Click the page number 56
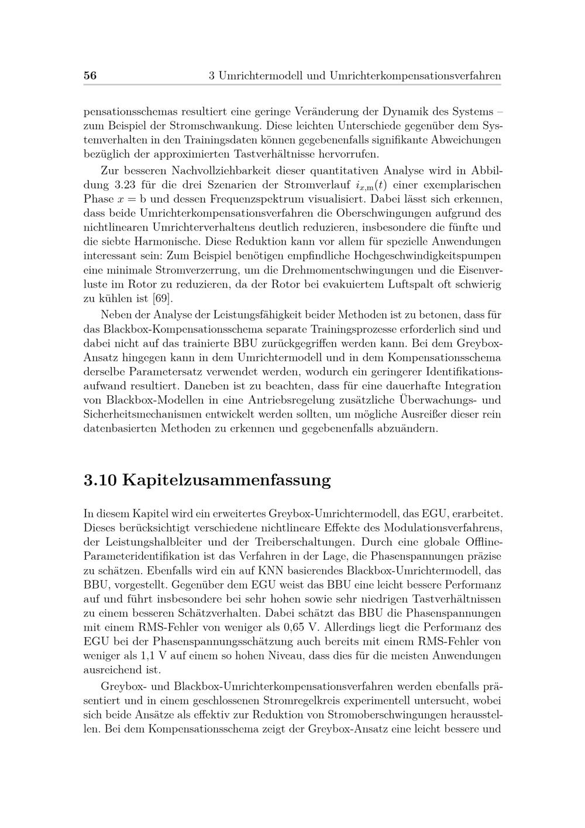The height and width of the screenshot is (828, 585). tap(90, 76)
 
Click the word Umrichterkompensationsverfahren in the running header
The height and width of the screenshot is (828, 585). tap(415, 76)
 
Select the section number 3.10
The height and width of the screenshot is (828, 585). tap(101, 481)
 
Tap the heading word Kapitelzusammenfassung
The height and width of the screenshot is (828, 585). tap(228, 481)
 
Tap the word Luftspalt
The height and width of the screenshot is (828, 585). tap(401, 284)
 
